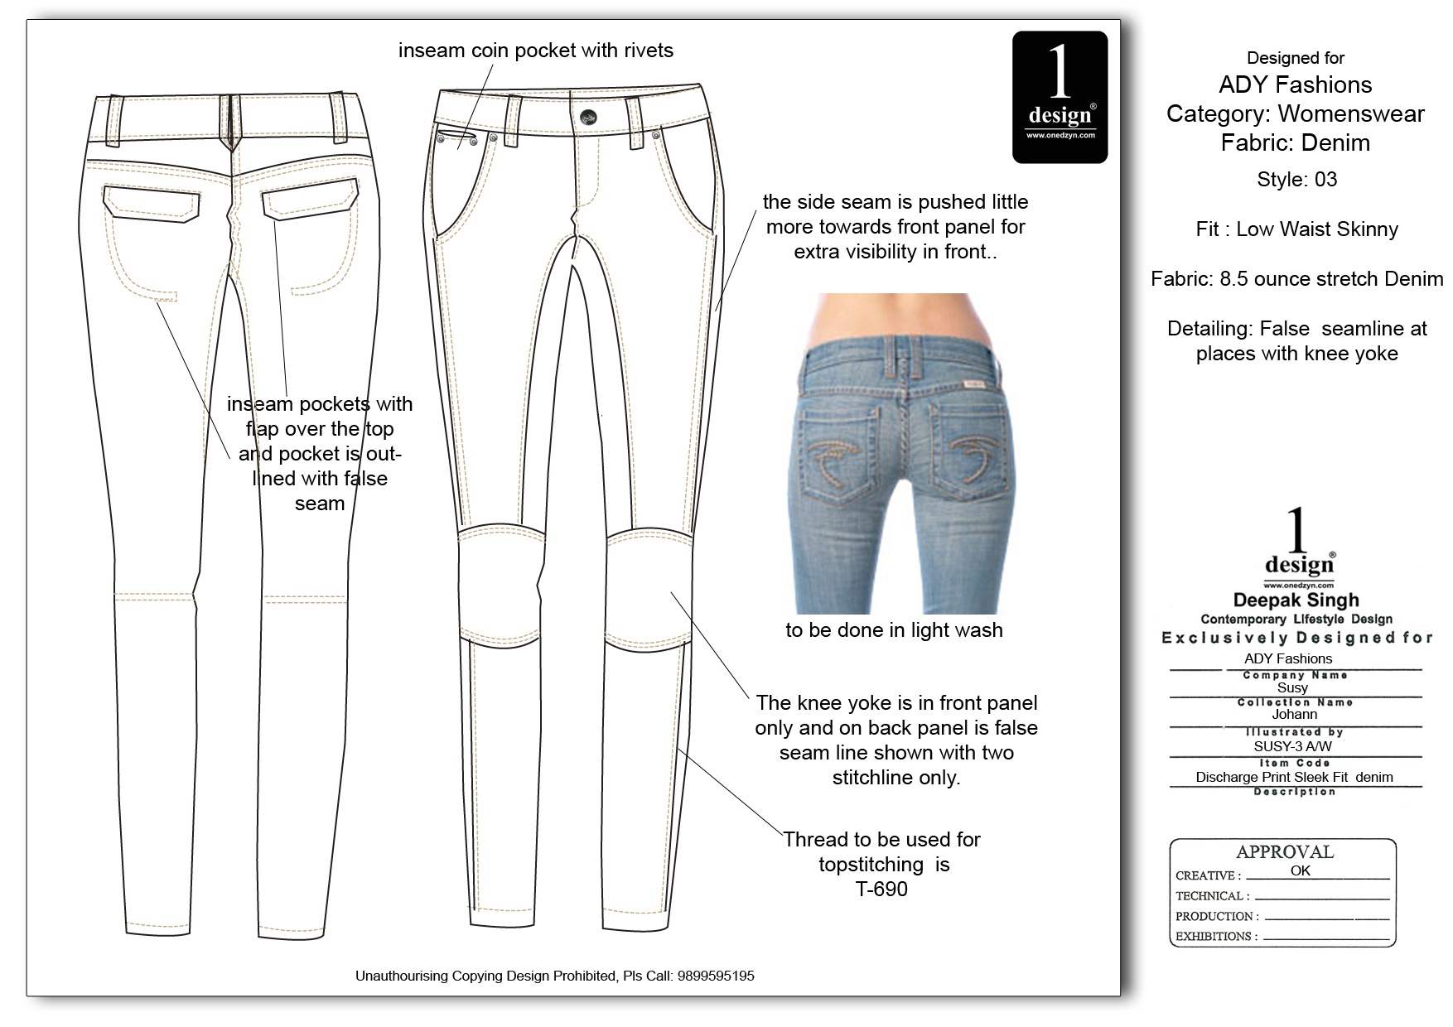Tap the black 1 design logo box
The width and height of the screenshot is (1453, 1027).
click(x=1060, y=96)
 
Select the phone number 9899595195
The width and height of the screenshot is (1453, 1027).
click(x=716, y=976)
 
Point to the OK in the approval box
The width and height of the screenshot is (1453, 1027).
click(x=1300, y=870)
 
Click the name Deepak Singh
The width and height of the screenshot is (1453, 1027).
click(x=1296, y=600)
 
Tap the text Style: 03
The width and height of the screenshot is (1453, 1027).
click(x=1296, y=180)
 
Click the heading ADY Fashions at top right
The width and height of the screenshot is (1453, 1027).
click(x=1296, y=84)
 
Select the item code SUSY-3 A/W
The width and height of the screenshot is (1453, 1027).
click(x=1292, y=746)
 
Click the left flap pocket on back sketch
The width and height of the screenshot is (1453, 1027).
click(x=152, y=204)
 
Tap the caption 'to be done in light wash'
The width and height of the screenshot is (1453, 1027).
click(x=894, y=630)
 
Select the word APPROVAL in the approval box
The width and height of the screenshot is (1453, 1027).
click(x=1284, y=852)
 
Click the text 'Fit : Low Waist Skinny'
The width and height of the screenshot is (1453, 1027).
click(x=1296, y=229)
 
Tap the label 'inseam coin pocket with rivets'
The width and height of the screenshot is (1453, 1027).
click(x=535, y=51)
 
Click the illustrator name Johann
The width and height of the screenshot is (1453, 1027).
click(x=1294, y=714)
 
